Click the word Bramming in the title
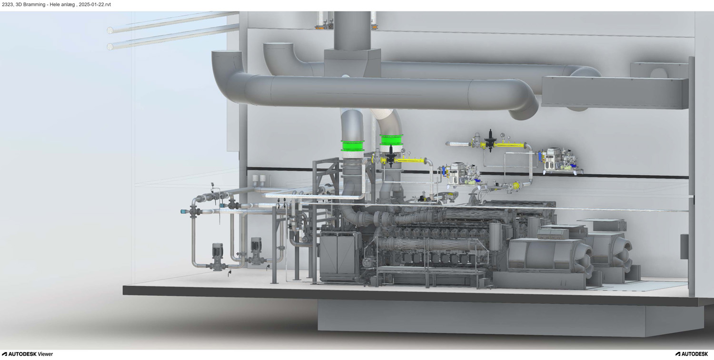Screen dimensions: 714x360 [x=34, y=5]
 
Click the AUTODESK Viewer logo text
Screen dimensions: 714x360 [x=28, y=354]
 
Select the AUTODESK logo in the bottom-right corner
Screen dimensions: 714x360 [x=692, y=354]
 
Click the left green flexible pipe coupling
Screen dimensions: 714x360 [x=353, y=146]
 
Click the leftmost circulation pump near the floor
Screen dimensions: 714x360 [x=218, y=256]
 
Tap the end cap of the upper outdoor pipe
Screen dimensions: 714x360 [x=110, y=30]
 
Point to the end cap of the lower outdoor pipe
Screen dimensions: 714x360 [x=110, y=47]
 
